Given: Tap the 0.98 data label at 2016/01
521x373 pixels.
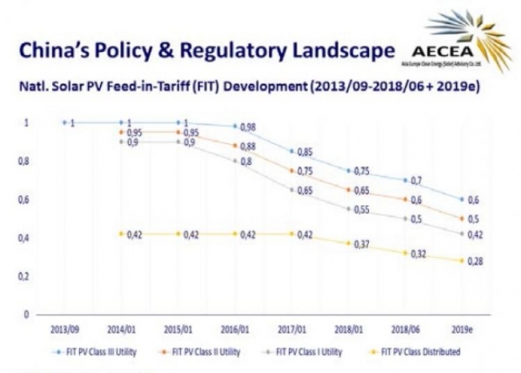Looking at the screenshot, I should [244, 127].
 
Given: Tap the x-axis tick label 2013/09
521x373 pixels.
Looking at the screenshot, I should [66, 329].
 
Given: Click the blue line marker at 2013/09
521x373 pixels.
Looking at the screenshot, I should [65, 123].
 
